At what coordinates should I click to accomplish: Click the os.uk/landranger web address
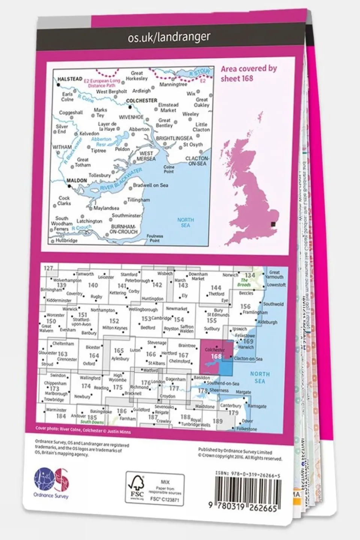169,37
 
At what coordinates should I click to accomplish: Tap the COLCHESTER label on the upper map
142,101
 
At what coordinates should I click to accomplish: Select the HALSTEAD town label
70,79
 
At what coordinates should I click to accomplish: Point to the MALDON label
77,181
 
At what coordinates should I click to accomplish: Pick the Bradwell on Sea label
151,185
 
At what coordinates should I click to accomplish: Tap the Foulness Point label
155,238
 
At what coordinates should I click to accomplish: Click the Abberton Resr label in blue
101,141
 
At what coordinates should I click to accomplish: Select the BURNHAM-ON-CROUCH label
123,229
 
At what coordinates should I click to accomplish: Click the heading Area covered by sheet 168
248,74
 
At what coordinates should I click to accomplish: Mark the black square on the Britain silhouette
274,224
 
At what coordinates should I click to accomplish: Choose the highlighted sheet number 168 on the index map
216,356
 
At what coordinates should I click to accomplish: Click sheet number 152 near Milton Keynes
114,321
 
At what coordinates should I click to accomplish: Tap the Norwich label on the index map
230,275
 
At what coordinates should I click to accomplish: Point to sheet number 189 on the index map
218,421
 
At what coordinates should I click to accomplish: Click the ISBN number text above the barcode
248,475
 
